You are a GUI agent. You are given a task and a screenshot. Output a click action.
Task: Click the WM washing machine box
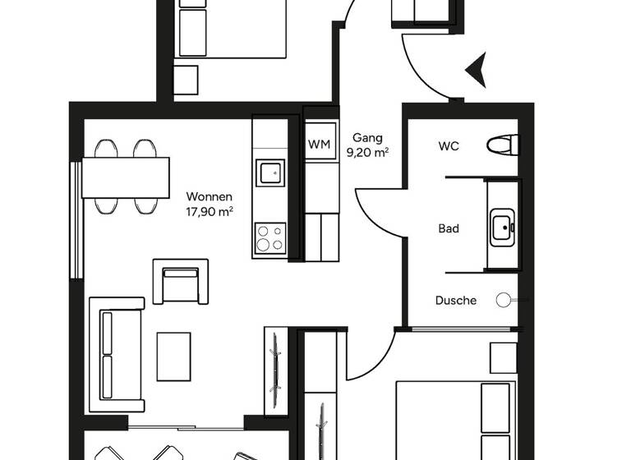(x=319, y=145)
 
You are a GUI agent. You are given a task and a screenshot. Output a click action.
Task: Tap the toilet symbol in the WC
(x=503, y=145)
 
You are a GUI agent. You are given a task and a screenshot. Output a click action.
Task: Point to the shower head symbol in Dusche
(x=504, y=301)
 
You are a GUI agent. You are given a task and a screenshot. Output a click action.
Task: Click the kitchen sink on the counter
(x=269, y=172)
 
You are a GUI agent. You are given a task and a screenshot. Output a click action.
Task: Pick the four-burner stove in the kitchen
(x=269, y=237)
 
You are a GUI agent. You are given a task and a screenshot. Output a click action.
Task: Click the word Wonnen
(x=210, y=197)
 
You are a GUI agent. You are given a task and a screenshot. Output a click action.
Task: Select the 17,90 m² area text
(x=210, y=211)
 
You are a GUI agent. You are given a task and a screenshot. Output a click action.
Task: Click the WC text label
(x=449, y=146)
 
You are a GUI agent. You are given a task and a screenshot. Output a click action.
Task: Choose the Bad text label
(x=449, y=228)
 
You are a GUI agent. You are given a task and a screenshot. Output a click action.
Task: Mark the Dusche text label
(x=455, y=301)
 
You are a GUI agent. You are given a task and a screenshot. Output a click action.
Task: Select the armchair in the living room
(x=180, y=281)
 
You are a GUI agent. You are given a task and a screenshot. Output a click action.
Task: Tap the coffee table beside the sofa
(x=173, y=355)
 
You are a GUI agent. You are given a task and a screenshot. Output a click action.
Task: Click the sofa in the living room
(x=116, y=354)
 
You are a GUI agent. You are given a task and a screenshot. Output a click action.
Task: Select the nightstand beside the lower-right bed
(x=503, y=357)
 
